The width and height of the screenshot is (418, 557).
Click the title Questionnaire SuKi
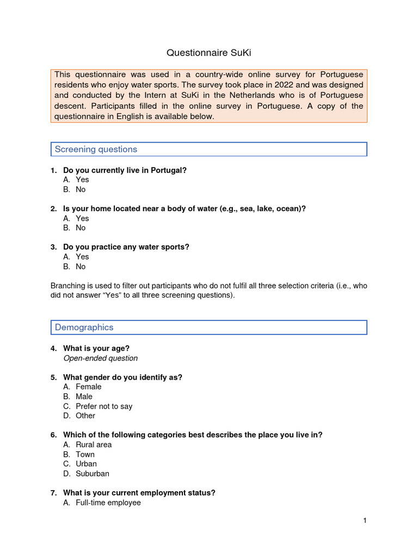pyautogui.click(x=208, y=53)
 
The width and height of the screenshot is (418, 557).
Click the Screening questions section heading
pyautogui.click(x=96, y=149)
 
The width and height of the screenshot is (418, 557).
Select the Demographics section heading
pyautogui.click(x=84, y=327)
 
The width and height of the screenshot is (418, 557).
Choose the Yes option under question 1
pyautogui.click(x=82, y=180)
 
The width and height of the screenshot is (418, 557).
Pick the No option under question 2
pyautogui.click(x=81, y=228)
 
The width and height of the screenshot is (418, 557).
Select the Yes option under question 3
pyautogui.click(x=82, y=257)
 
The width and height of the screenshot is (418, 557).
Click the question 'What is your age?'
pyautogui.click(x=96, y=348)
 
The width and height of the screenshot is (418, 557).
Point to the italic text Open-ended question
pyautogui.click(x=100, y=358)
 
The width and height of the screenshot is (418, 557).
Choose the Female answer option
pyautogui.click(x=88, y=387)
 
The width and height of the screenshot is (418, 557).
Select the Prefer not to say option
pyautogui.click(x=104, y=406)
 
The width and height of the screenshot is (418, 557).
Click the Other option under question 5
pyautogui.click(x=85, y=416)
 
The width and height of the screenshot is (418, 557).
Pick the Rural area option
pyautogui.click(x=94, y=444)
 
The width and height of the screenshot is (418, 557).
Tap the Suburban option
pyautogui.click(x=93, y=473)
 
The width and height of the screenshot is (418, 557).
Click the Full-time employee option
pyautogui.click(x=108, y=503)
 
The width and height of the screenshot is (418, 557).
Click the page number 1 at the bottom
pyautogui.click(x=365, y=521)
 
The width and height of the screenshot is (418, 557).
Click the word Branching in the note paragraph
pyautogui.click(x=68, y=286)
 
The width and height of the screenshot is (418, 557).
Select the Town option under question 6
pyautogui.click(x=85, y=454)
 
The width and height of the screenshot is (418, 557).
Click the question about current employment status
pyautogui.click(x=139, y=493)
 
